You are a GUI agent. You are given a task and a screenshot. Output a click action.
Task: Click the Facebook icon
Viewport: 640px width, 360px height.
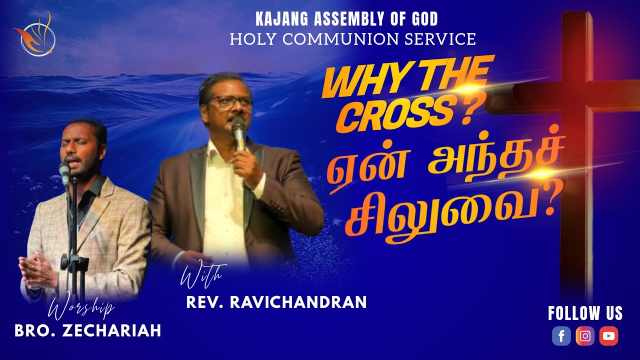pos(561,336)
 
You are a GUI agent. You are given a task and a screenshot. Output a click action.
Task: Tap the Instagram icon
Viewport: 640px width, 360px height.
pos(585,336)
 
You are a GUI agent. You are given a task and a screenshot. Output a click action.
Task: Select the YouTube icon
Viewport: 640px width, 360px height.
pos(608,336)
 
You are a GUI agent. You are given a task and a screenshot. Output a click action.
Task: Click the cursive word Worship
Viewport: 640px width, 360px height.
pos(81,309)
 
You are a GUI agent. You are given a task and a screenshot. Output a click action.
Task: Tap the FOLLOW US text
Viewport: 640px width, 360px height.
pos(585,313)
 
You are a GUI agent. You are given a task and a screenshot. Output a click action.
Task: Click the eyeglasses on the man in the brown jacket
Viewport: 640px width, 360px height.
pos(230,100)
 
